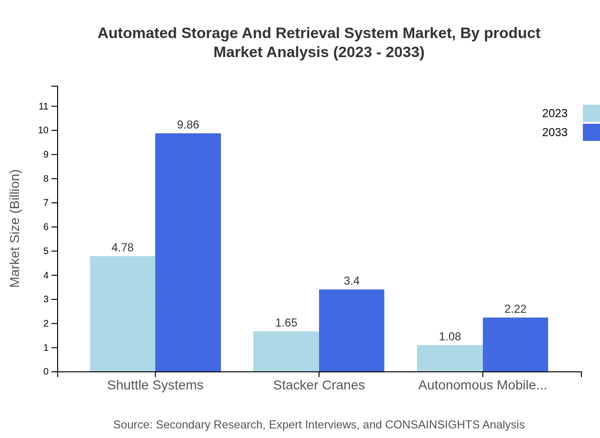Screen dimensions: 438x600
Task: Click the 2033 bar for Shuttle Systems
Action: (188, 252)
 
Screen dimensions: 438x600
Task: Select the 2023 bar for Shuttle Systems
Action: (122, 314)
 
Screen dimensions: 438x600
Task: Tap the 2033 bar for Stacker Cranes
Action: (351, 330)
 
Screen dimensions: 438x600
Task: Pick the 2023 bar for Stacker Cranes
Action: (286, 351)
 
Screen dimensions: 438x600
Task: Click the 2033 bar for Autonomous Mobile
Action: (515, 344)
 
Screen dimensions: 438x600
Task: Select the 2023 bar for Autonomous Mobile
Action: (450, 358)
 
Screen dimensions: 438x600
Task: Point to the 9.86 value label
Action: (188, 125)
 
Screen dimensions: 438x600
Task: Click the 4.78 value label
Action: (122, 248)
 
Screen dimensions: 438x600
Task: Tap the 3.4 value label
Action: (351, 281)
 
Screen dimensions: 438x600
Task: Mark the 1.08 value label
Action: (450, 337)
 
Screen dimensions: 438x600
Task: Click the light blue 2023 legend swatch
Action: (591, 113)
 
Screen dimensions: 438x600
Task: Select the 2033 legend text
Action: (555, 132)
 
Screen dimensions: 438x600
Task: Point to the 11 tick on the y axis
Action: (44, 106)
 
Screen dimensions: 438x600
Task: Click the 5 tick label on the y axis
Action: (46, 251)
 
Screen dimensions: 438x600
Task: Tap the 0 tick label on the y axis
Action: (46, 372)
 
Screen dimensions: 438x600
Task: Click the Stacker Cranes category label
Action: (319, 385)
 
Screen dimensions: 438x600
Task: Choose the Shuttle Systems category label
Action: (155, 385)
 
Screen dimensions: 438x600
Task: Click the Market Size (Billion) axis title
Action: (15, 229)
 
